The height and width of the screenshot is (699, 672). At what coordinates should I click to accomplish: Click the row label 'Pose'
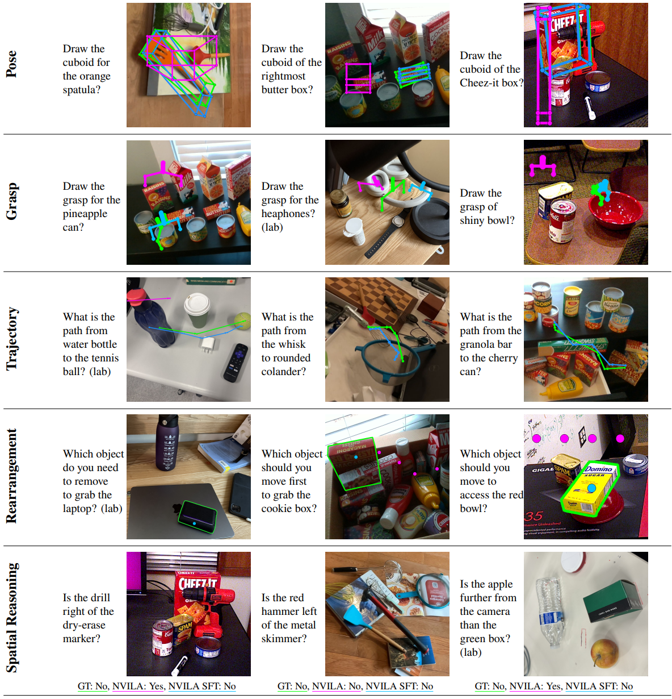[11, 64]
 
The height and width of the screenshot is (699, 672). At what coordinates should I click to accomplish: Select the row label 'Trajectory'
[11, 339]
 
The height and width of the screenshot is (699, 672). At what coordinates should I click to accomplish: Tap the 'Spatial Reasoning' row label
[11, 617]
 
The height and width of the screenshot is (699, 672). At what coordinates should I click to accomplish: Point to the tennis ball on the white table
[242, 319]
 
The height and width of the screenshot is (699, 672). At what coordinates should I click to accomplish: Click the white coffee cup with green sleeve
[197, 310]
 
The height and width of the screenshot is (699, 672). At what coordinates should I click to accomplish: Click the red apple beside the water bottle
[605, 652]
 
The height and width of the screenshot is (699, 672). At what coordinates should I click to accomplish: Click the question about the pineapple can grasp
[91, 207]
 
